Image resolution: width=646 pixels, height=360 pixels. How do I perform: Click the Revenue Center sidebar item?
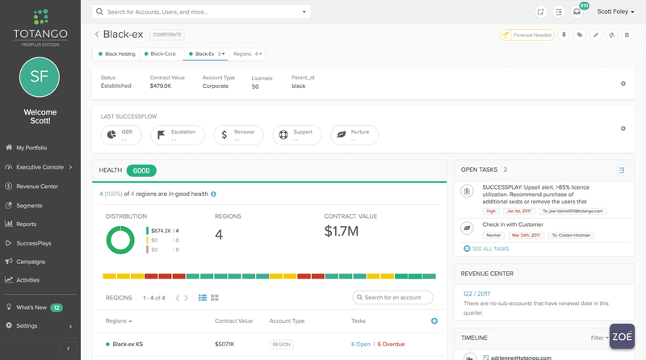point(37,186)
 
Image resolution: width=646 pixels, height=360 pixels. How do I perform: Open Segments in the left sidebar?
point(30,205)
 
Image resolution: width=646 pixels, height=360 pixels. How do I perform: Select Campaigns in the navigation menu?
point(32,262)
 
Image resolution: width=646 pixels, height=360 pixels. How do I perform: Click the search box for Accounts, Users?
point(201,12)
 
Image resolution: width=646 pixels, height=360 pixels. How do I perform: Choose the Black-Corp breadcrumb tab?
point(162,54)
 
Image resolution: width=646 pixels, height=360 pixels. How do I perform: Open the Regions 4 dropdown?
point(248,54)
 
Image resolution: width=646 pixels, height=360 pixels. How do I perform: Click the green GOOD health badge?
point(141,171)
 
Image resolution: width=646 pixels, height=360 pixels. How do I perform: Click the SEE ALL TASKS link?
point(490,249)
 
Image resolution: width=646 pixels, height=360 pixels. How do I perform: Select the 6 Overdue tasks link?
point(391,344)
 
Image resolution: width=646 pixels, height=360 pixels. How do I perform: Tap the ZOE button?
point(622,337)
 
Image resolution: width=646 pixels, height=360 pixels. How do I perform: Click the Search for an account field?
point(393,298)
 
